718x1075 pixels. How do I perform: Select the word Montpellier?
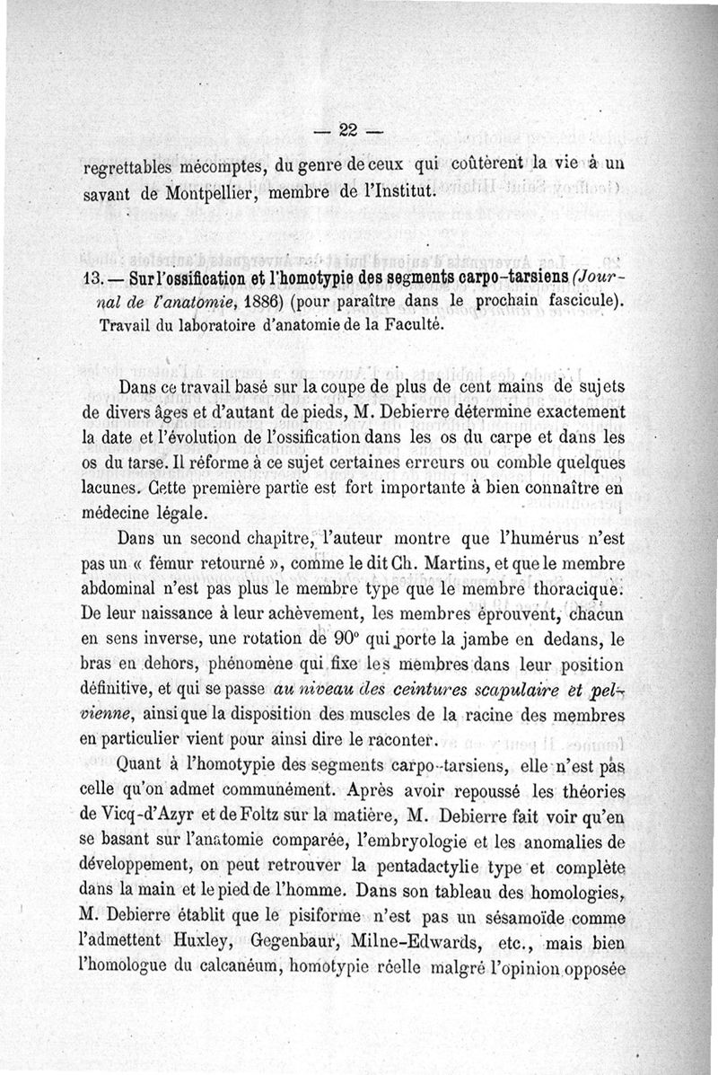pos(217,192)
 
